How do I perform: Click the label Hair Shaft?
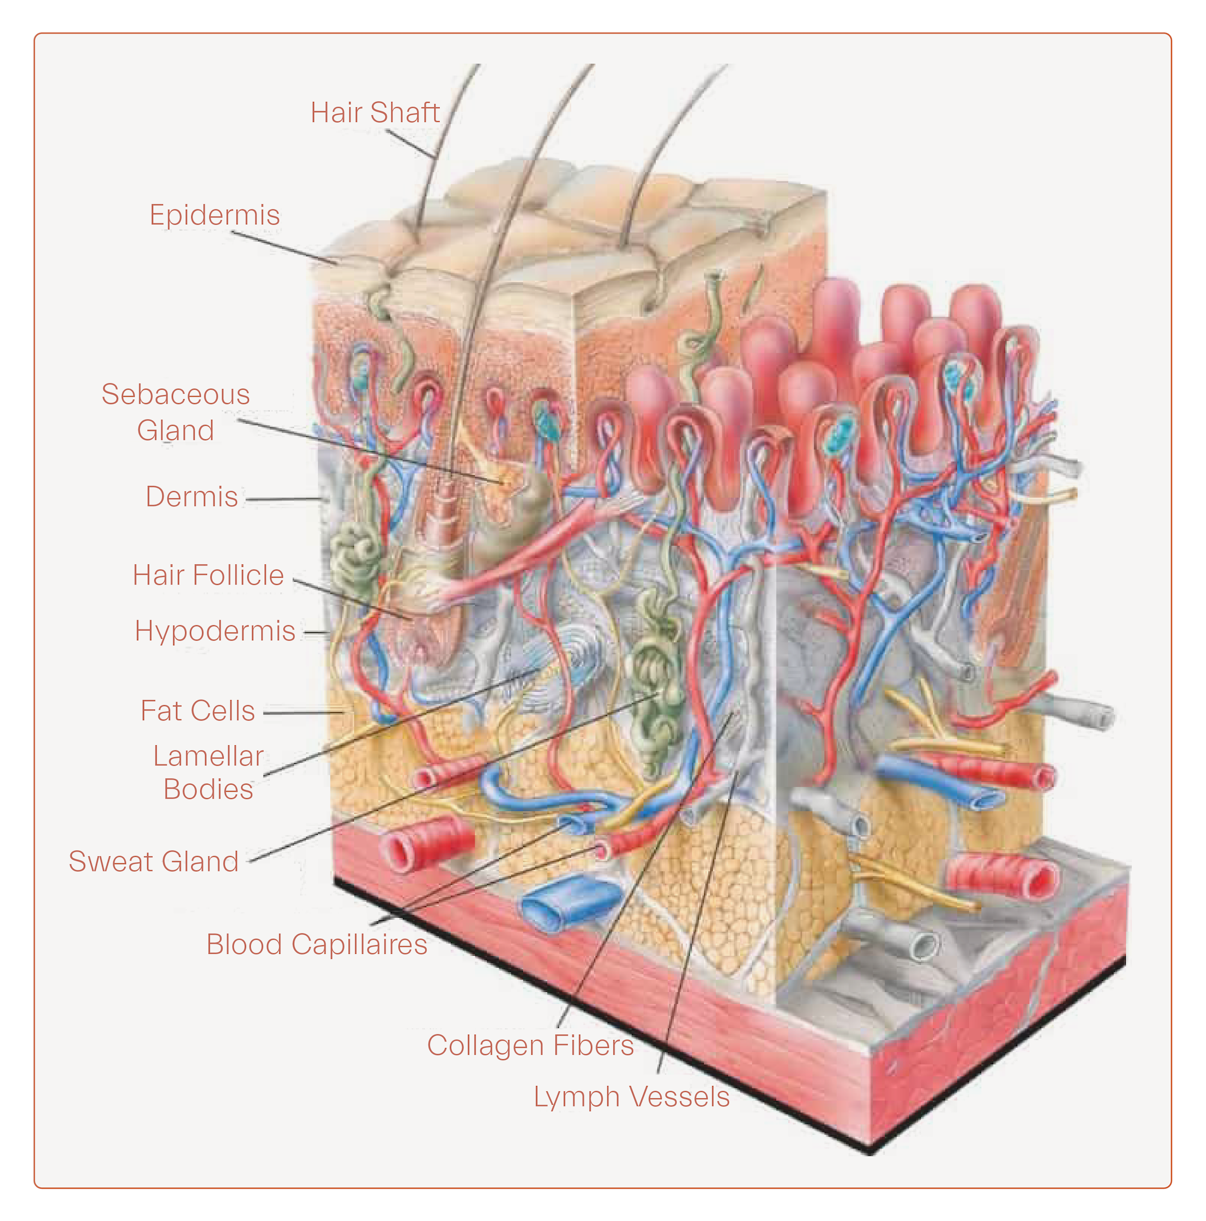(x=374, y=113)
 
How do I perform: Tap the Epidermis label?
(x=214, y=215)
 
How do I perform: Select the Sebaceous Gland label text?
(x=175, y=412)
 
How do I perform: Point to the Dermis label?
(x=192, y=497)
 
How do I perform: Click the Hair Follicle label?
(x=208, y=576)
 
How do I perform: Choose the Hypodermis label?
(x=215, y=631)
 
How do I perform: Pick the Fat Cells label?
(x=197, y=711)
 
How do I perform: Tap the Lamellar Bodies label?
(x=208, y=772)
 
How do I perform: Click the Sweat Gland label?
(x=154, y=862)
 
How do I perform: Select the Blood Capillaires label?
(x=317, y=945)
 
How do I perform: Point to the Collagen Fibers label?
(x=529, y=1046)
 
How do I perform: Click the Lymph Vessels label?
(x=631, y=1097)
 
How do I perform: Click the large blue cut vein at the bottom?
(x=566, y=903)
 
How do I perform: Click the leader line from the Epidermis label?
(x=285, y=248)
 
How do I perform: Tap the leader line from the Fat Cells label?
(x=303, y=713)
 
